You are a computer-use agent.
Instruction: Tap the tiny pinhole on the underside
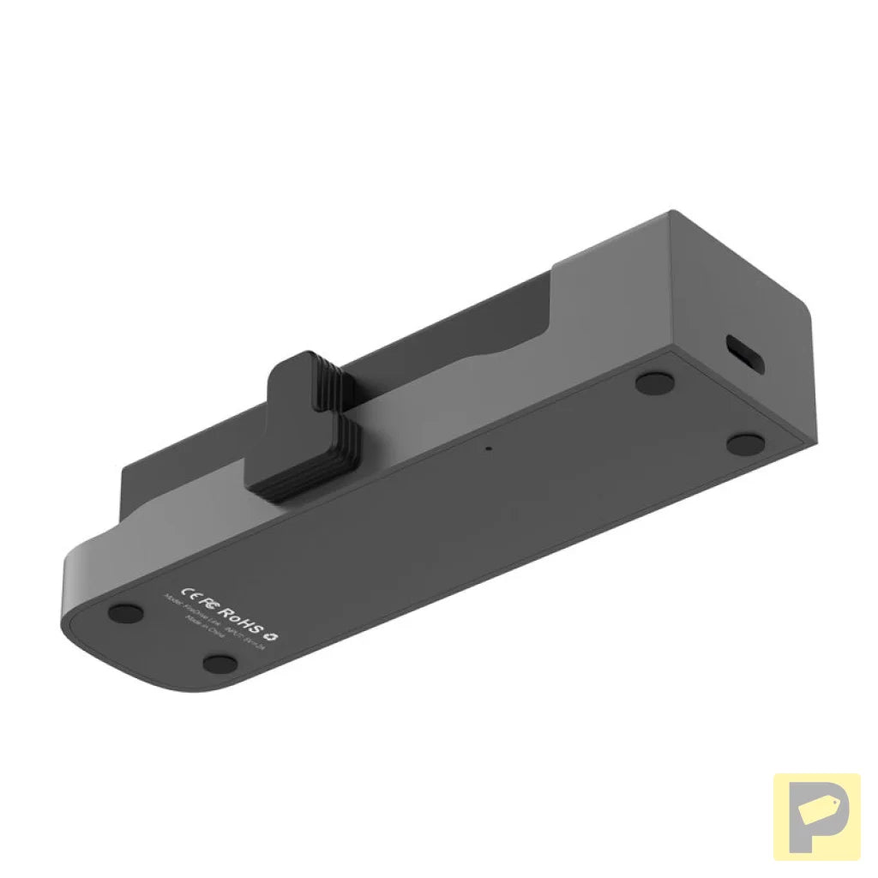coord(488,448)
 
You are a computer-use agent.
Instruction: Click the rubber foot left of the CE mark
coord(127,612)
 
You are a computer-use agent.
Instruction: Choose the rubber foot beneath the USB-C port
coord(745,444)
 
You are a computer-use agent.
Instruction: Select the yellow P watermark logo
coord(816,816)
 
